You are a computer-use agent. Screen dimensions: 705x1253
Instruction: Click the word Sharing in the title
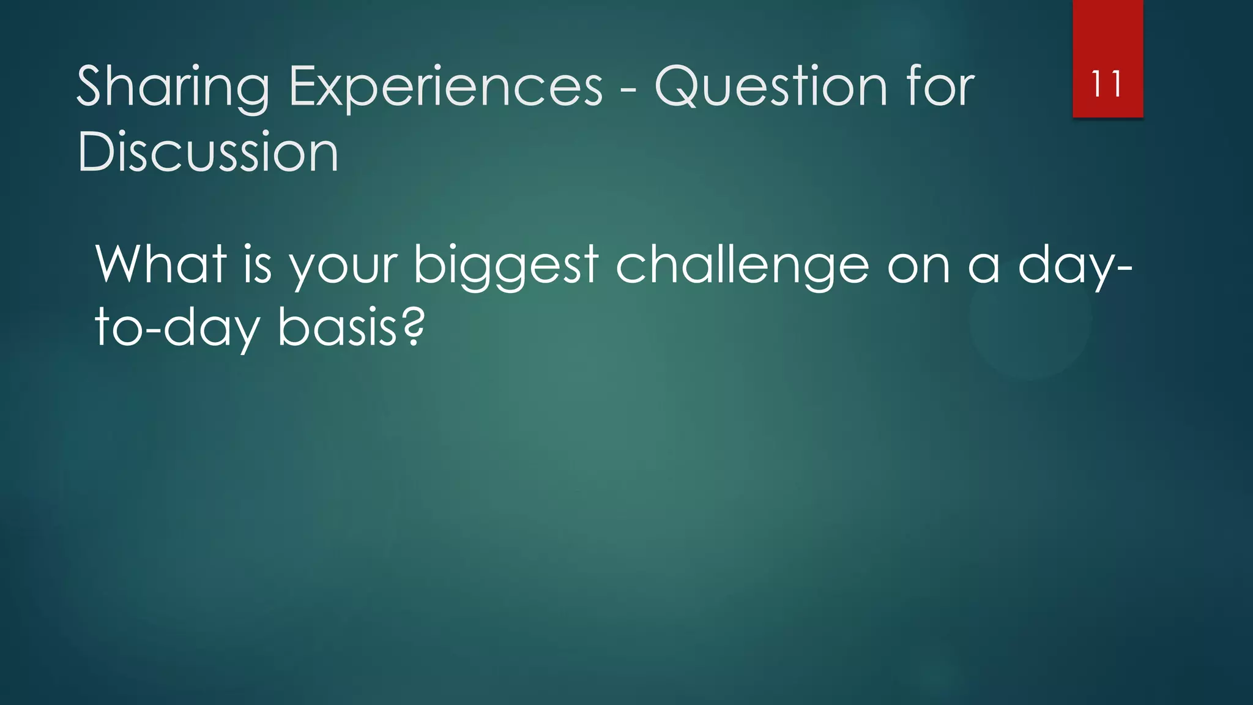pyautogui.click(x=173, y=88)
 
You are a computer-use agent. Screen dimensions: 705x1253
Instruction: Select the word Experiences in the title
pyautogui.click(x=445, y=86)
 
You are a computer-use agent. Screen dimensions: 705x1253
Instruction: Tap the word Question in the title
pyautogui.click(x=770, y=86)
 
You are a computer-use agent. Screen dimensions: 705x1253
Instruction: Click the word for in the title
pyautogui.click(x=940, y=86)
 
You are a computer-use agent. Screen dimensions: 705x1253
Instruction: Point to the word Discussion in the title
pyautogui.click(x=207, y=151)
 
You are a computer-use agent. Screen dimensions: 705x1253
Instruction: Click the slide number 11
pyautogui.click(x=1107, y=84)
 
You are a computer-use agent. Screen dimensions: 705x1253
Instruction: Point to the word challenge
pyautogui.click(x=742, y=265)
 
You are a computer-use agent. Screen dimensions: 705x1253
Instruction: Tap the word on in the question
pyautogui.click(x=918, y=269)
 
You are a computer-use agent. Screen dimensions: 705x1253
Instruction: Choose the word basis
pyautogui.click(x=336, y=327)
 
